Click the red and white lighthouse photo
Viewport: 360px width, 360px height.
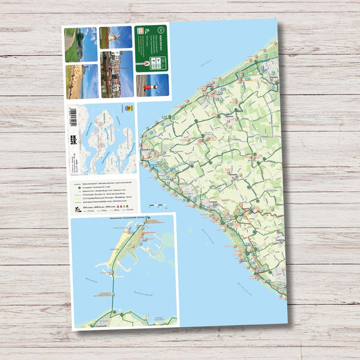(x=151, y=86)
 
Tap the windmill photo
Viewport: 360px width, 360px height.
(x=115, y=37)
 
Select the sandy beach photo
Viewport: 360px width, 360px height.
(x=81, y=82)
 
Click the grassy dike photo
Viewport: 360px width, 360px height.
(x=81, y=44)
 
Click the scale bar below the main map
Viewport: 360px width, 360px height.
(x=155, y=204)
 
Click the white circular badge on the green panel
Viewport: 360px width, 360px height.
(x=161, y=31)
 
